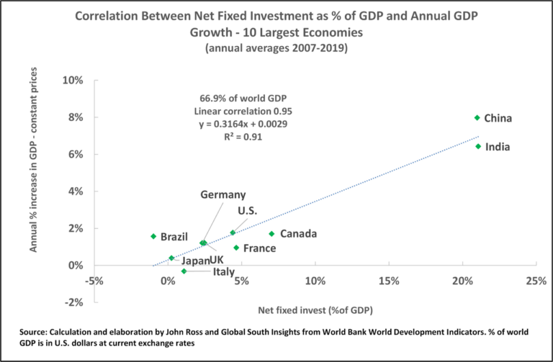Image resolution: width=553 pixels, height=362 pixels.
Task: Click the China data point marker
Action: tap(477, 117)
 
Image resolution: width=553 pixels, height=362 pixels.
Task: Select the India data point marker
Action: tap(478, 146)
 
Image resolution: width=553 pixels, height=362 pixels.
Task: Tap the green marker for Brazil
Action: tap(153, 236)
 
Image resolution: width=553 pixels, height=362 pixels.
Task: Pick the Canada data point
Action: tap(271, 233)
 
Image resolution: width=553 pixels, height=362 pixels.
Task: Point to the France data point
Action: tap(236, 248)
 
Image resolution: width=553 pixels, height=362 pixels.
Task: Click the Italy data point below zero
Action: tap(184, 271)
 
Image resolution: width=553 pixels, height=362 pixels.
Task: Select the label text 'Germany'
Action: tap(222, 194)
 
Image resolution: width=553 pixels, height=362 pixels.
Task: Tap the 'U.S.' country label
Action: tap(247, 211)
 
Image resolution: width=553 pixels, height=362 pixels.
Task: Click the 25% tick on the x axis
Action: tap(535, 280)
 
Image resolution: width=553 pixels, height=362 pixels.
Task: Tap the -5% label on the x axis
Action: tap(94, 280)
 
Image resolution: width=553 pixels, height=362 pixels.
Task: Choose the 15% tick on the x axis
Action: tap(388, 280)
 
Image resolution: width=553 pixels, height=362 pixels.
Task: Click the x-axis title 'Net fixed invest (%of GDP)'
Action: tap(314, 311)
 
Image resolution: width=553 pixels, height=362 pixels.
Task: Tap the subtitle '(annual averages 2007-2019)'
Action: tap(276, 48)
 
